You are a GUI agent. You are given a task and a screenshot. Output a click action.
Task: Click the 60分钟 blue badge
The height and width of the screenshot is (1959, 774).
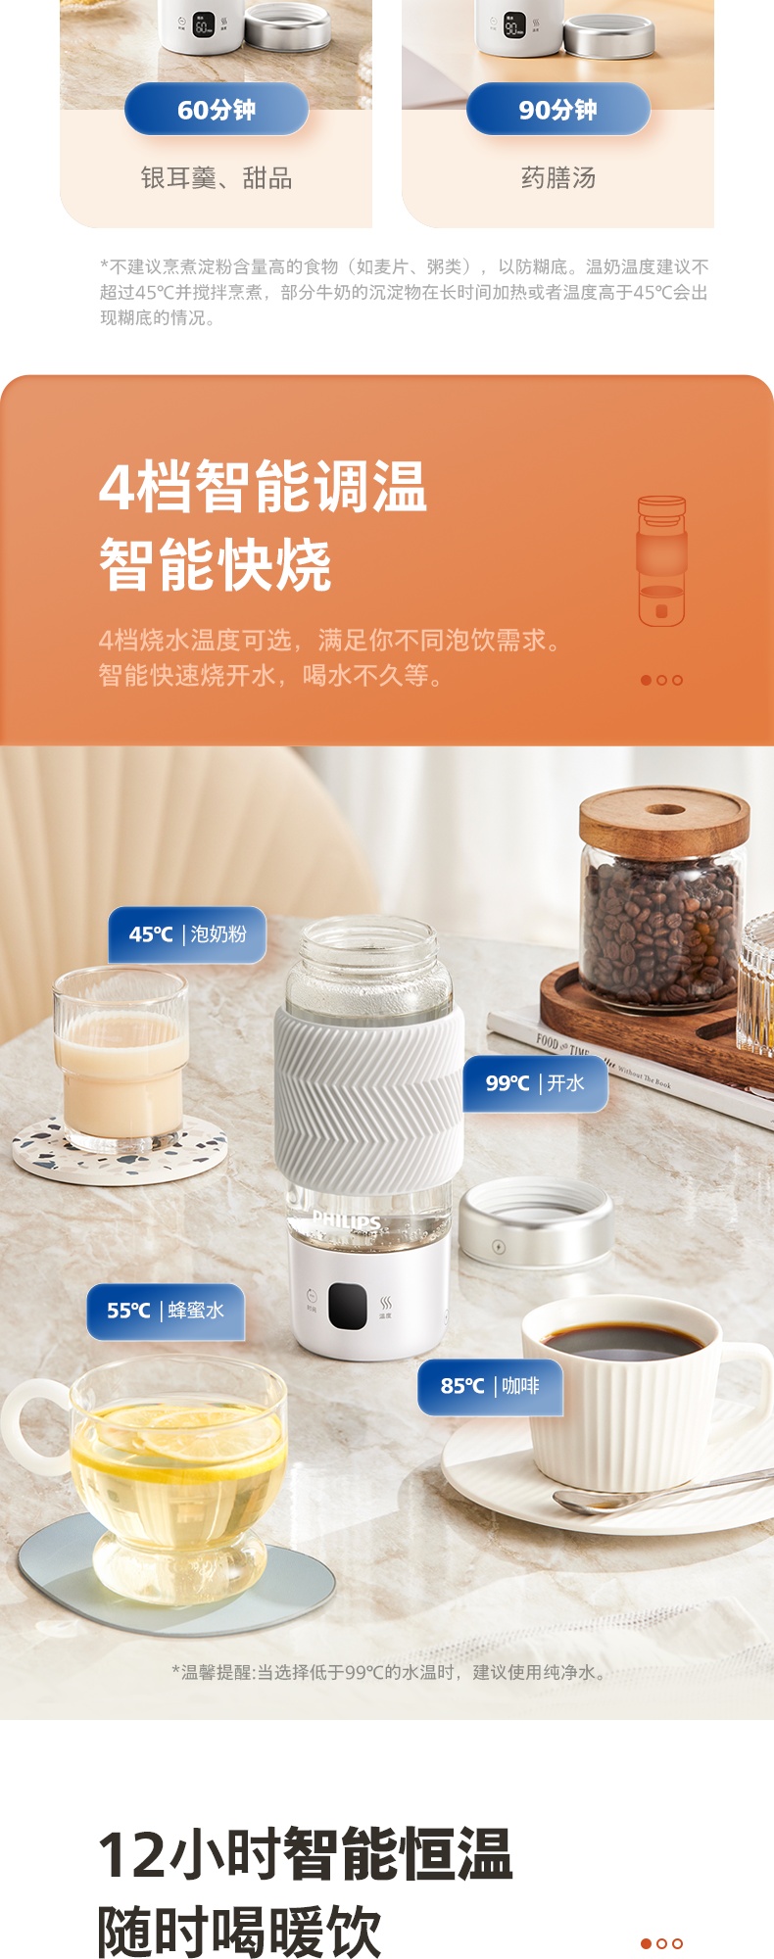pyautogui.click(x=217, y=109)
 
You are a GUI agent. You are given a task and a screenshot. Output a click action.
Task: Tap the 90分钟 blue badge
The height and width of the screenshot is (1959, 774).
pyautogui.click(x=558, y=109)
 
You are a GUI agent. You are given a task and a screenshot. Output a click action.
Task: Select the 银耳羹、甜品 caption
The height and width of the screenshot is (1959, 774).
pyautogui.click(x=217, y=178)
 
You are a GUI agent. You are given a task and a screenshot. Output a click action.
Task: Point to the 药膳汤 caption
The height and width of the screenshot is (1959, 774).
pyautogui.click(x=558, y=178)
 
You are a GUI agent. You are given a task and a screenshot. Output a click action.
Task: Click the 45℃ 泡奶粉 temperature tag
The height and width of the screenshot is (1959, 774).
pyautogui.click(x=187, y=934)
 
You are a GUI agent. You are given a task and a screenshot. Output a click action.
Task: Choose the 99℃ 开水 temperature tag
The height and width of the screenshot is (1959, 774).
pyautogui.click(x=535, y=1083)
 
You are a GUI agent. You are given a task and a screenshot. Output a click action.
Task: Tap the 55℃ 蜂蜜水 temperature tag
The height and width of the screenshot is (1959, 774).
pyautogui.click(x=166, y=1311)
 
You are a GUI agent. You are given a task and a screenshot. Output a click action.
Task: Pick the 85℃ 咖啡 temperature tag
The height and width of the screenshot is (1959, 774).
pyautogui.click(x=491, y=1386)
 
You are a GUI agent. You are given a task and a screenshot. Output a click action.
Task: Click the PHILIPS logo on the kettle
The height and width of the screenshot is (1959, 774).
pyautogui.click(x=346, y=1220)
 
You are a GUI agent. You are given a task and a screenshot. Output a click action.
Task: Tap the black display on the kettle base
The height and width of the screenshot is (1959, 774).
pyautogui.click(x=348, y=1306)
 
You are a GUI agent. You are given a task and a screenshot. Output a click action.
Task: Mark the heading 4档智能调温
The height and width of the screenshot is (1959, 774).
pyautogui.click(x=264, y=487)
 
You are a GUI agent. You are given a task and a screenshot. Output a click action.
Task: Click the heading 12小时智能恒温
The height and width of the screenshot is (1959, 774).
pyautogui.click(x=306, y=1854)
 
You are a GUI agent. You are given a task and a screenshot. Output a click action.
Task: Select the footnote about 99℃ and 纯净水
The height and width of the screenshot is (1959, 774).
pyautogui.click(x=390, y=1672)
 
